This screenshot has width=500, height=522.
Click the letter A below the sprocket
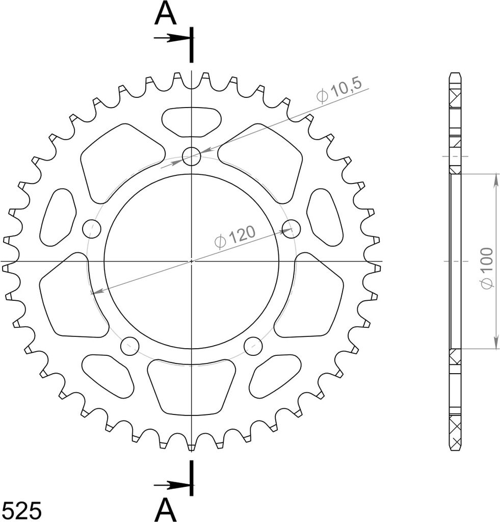coord(166,510)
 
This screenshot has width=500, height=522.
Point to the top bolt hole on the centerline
coord(192,156)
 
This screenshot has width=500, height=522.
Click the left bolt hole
coord(92,229)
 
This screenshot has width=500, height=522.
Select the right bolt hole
coord(291,229)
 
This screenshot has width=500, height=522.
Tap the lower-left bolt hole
coord(130,346)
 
